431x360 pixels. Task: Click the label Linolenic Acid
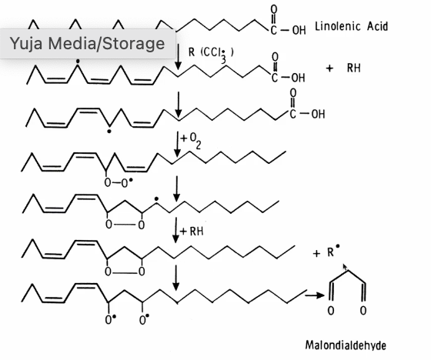[x=351, y=27]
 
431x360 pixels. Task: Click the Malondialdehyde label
[x=346, y=345]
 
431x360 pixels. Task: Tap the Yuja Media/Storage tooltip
[x=87, y=44]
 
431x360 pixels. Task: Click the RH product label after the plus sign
[x=354, y=68]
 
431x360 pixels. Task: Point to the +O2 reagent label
[x=191, y=141]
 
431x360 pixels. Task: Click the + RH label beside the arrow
[x=192, y=232]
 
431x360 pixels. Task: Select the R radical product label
[x=334, y=252]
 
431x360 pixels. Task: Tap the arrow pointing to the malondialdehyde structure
[x=315, y=295]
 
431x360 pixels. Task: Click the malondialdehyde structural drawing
[x=347, y=292]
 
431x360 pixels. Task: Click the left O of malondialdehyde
[x=331, y=311]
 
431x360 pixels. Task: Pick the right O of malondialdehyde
[x=363, y=311]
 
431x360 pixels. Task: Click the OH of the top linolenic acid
[x=299, y=30]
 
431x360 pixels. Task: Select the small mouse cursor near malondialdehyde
[x=345, y=267]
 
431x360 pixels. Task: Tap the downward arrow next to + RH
[x=176, y=230]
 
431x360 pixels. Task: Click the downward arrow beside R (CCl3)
[x=178, y=57]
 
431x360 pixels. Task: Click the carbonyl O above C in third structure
[x=293, y=93]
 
